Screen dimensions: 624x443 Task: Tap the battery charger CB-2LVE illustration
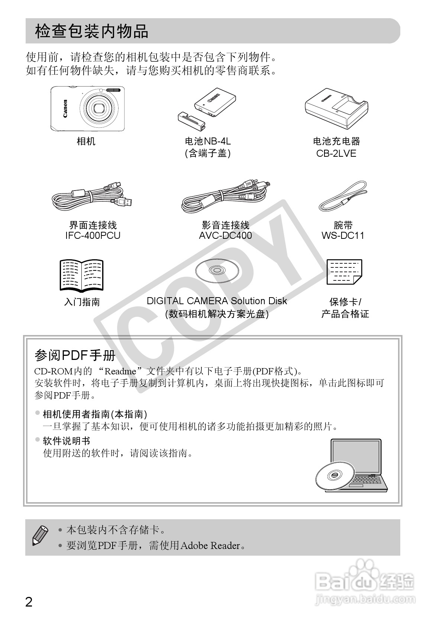pyautogui.click(x=336, y=109)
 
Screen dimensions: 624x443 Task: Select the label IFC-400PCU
pyautogui.click(x=93, y=235)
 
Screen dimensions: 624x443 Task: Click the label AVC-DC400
pyautogui.click(x=225, y=235)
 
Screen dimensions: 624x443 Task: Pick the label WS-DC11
pyautogui.click(x=343, y=235)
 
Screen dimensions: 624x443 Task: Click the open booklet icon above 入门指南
pyautogui.click(x=81, y=275)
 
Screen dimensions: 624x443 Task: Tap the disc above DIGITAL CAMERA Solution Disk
pyautogui.click(x=217, y=271)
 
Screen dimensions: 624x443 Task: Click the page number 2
pyautogui.click(x=29, y=602)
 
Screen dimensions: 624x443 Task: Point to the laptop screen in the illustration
pyautogui.click(x=356, y=456)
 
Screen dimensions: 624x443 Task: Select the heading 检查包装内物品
pyautogui.click(x=91, y=31)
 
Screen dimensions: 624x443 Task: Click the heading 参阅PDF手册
pyautogui.click(x=75, y=355)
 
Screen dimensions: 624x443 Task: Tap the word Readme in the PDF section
pyautogui.click(x=120, y=371)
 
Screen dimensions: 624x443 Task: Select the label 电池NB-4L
pyautogui.click(x=208, y=141)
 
